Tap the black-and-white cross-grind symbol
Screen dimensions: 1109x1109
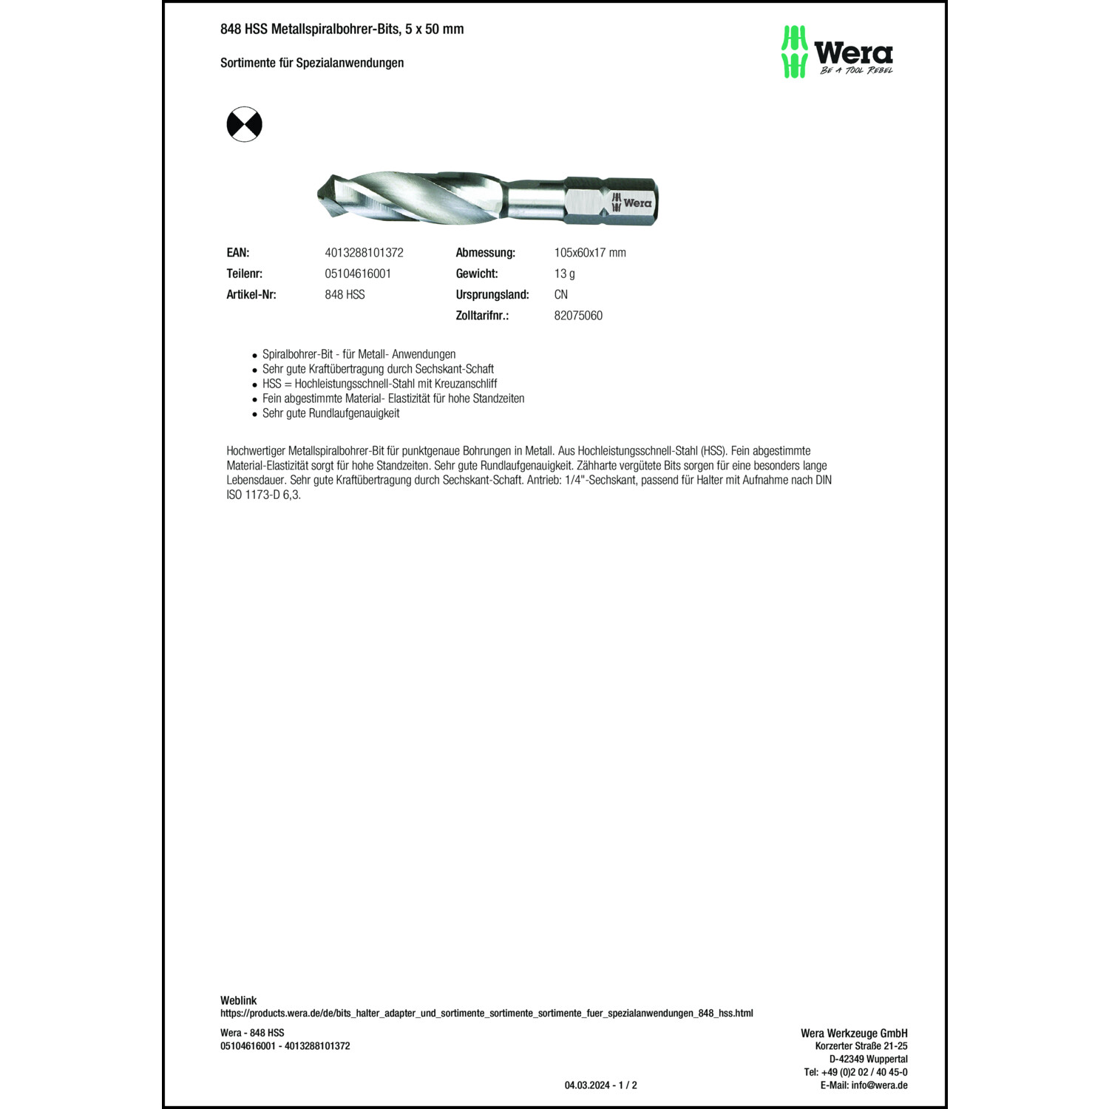click(x=244, y=124)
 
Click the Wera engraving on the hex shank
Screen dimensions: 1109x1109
click(x=631, y=203)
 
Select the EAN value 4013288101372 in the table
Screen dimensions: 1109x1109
click(x=364, y=253)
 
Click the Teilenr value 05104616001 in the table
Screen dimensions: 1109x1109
click(x=358, y=274)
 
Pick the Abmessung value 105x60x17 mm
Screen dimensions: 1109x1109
click(x=589, y=253)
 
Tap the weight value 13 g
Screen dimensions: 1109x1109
click(x=564, y=274)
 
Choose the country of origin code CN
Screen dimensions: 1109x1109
click(x=560, y=294)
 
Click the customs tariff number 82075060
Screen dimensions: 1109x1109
click(x=577, y=316)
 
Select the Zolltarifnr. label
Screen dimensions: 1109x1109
click(x=482, y=316)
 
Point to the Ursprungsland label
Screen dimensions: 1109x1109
click(x=492, y=294)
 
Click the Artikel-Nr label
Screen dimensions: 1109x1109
click(x=251, y=294)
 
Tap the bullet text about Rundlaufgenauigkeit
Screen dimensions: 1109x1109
click(x=330, y=413)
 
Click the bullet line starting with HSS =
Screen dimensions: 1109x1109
click(x=379, y=384)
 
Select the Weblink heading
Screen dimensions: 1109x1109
click(x=238, y=1000)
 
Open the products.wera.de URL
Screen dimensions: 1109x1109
click(x=486, y=1013)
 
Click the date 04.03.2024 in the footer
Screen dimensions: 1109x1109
click(x=587, y=1085)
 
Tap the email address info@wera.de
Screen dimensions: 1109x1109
click(x=878, y=1085)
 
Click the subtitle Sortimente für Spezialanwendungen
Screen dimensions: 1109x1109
click(x=312, y=63)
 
